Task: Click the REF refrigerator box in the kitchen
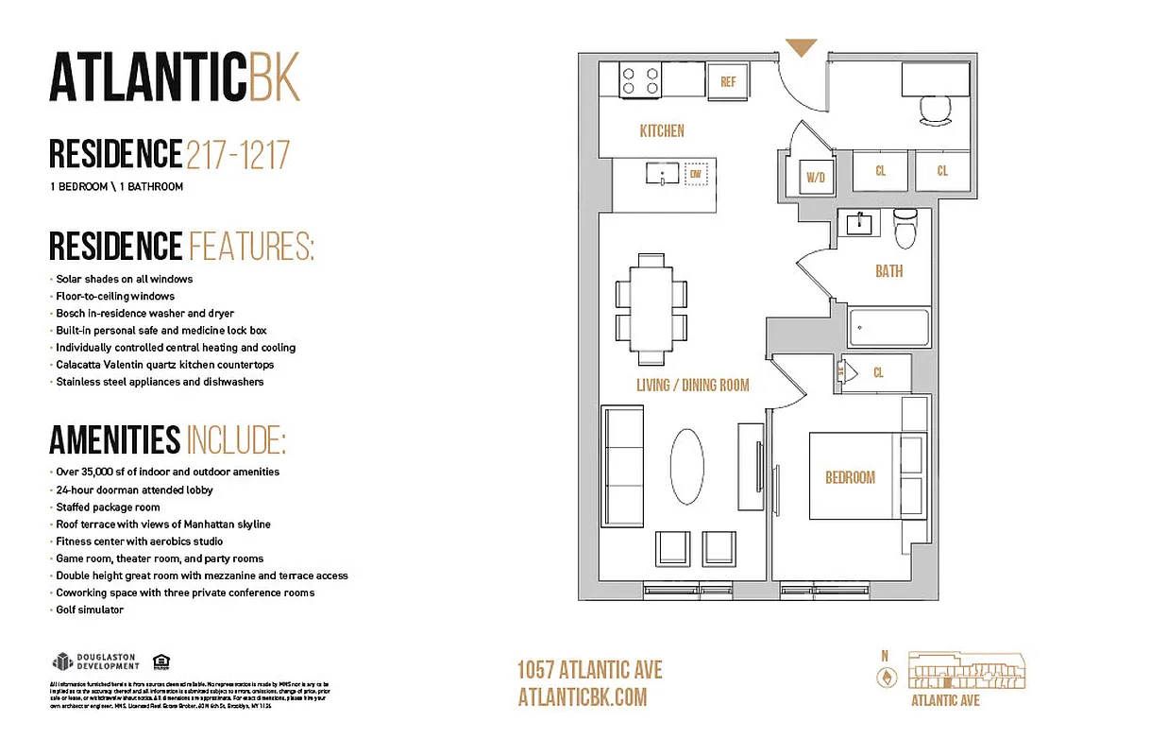(x=728, y=82)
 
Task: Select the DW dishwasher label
(x=696, y=174)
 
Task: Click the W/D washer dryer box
(x=815, y=176)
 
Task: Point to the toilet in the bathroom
(x=905, y=228)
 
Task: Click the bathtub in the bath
(x=888, y=328)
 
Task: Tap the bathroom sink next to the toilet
(x=861, y=225)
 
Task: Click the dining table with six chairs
(x=650, y=309)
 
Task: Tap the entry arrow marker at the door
(x=801, y=47)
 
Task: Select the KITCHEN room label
(x=662, y=131)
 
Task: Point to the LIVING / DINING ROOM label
(x=692, y=385)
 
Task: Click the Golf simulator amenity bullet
(x=90, y=610)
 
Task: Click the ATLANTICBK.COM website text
(x=583, y=697)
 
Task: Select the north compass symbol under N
(x=886, y=677)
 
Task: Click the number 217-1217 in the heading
(x=238, y=154)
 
